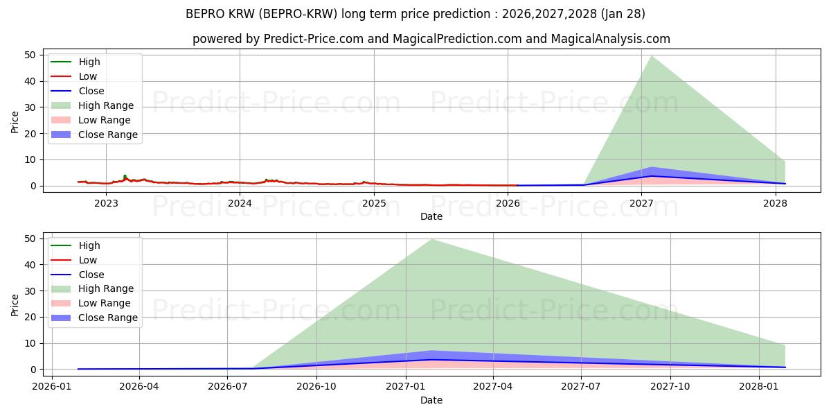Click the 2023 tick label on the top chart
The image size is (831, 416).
pyautogui.click(x=106, y=203)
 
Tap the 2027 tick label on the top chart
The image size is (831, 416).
pyautogui.click(x=642, y=203)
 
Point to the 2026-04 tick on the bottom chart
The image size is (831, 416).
pyautogui.click(x=139, y=386)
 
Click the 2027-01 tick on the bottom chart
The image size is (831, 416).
pyautogui.click(x=405, y=386)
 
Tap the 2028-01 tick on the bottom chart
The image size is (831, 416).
pyautogui.click(x=759, y=386)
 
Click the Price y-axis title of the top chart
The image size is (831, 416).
pyautogui.click(x=15, y=121)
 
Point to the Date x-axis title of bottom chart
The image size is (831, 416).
pyautogui.click(x=431, y=400)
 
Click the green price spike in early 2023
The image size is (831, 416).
pyautogui.click(x=125, y=176)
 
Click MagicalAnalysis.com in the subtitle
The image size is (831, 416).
pyautogui.click(x=609, y=39)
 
